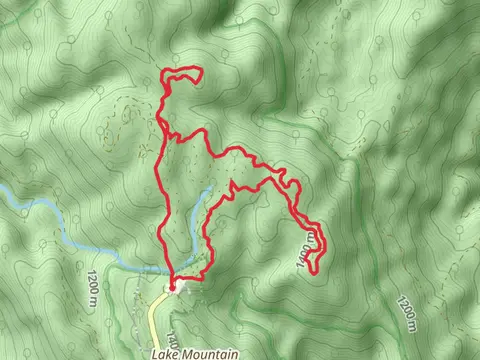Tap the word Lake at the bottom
168,354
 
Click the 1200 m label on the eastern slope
405,309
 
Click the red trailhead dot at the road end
173,287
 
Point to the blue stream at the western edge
30,205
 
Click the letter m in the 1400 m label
313,237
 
